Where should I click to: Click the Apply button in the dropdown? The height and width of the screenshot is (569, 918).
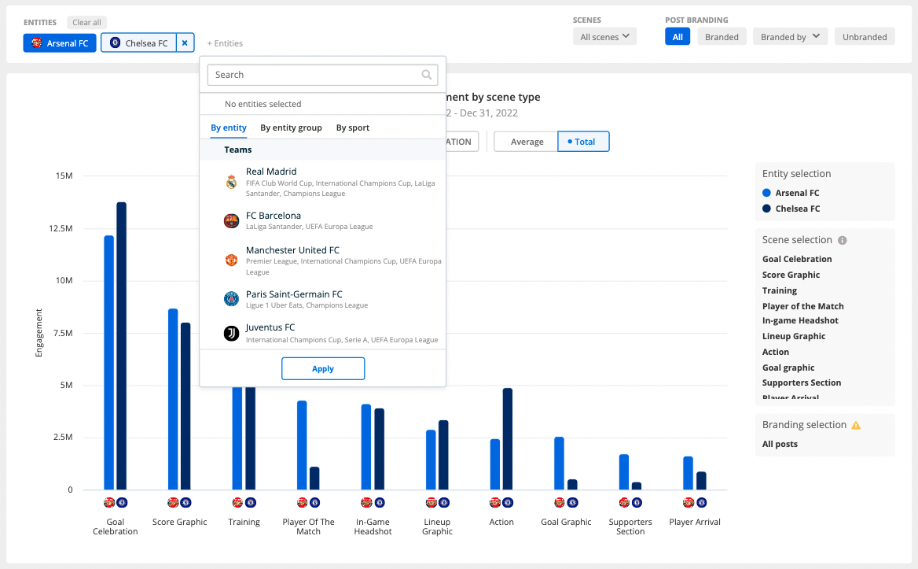tap(323, 368)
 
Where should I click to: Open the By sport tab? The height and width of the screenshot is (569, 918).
tap(352, 127)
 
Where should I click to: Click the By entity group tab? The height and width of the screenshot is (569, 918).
tap(291, 127)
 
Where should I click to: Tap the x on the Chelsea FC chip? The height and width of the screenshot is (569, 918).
tap(185, 43)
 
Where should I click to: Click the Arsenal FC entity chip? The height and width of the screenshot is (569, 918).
tap(60, 43)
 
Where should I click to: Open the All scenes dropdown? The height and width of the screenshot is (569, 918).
tap(604, 37)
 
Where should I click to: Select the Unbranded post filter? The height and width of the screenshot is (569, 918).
tap(865, 37)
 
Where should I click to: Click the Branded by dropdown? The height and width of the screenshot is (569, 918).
tap(790, 37)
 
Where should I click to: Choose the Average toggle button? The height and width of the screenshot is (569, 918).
tap(527, 142)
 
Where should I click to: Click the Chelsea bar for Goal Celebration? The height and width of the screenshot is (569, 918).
tap(122, 346)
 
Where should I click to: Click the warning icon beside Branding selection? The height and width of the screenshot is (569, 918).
tap(856, 425)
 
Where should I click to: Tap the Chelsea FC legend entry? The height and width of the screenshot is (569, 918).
tap(797, 209)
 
